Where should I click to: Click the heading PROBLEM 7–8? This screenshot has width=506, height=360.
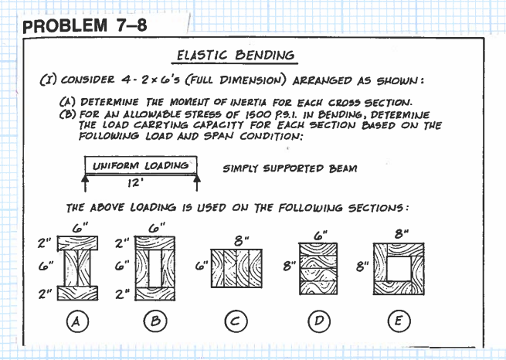[86, 25]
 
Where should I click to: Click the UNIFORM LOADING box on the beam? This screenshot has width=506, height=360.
[141, 165]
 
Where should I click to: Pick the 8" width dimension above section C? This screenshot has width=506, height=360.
[241, 239]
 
